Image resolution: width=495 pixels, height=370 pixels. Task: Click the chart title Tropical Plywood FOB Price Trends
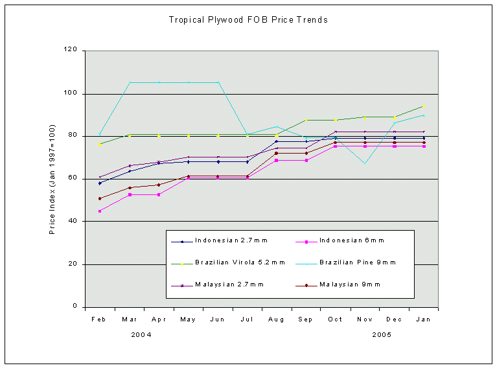pyautogui.click(x=248, y=20)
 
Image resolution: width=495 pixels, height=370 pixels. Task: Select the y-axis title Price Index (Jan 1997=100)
pyautogui.click(x=52, y=179)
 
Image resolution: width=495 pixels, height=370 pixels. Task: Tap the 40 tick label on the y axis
pyautogui.click(x=73, y=221)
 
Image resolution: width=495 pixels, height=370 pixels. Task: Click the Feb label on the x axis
pyautogui.click(x=99, y=319)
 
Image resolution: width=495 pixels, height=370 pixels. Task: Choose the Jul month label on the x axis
pyautogui.click(x=247, y=319)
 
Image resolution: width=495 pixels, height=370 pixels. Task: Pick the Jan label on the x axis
pyautogui.click(x=423, y=319)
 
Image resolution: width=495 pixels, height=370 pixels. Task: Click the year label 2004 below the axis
pyautogui.click(x=142, y=335)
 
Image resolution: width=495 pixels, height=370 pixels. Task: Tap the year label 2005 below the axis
pyautogui.click(x=383, y=335)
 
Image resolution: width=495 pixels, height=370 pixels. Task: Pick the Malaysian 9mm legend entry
pyautogui.click(x=351, y=284)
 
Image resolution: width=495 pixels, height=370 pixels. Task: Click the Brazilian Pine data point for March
pyautogui.click(x=129, y=82)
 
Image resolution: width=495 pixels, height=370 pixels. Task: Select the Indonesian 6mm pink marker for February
pyautogui.click(x=100, y=211)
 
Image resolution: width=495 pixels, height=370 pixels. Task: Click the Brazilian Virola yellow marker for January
pyautogui.click(x=424, y=106)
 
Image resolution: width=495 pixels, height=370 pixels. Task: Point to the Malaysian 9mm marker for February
pyautogui.click(x=100, y=198)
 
